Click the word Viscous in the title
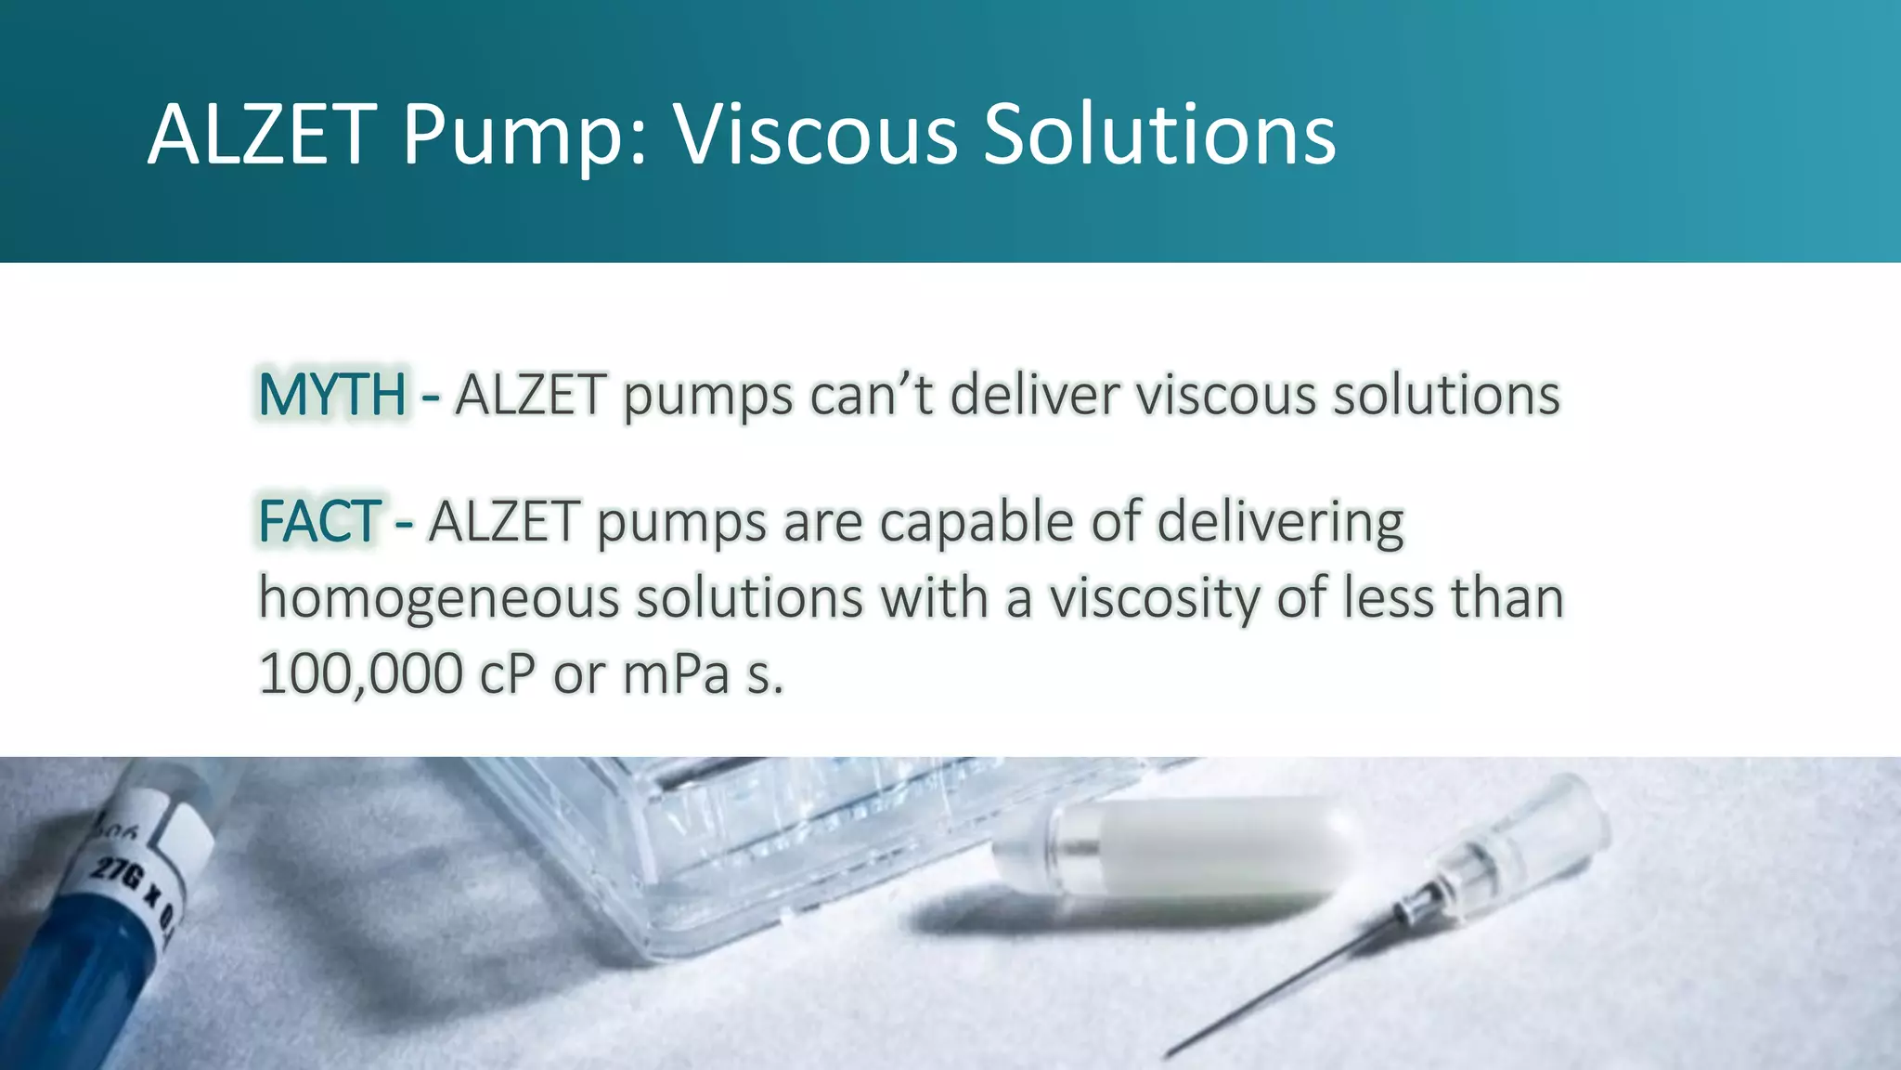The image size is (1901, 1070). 815,135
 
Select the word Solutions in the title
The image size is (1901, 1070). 1159,135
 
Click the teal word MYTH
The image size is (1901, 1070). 331,395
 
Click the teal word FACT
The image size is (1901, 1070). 318,521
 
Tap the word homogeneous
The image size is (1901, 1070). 438,597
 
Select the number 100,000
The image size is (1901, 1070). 360,673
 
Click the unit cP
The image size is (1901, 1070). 507,673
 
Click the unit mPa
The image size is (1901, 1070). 676,673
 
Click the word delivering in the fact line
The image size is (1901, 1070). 1280,522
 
